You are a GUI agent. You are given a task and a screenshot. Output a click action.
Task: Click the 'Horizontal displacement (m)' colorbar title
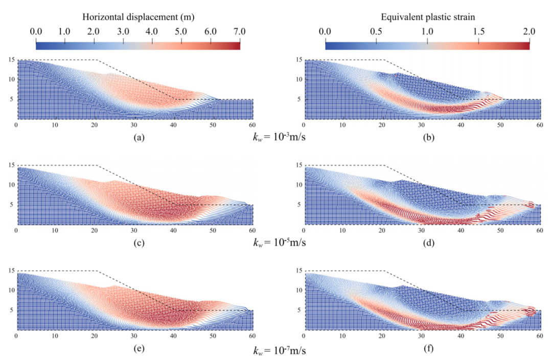pyautogui.click(x=137, y=17)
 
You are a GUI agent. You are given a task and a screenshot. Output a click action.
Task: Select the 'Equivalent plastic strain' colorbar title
pyautogui.click(x=427, y=17)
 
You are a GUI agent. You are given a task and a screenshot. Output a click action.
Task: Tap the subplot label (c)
pyautogui.click(x=139, y=242)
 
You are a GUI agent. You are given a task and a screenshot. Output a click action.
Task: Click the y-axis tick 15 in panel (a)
pyautogui.click(x=11, y=60)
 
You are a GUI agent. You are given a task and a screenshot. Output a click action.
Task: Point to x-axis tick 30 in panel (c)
pyautogui.click(x=134, y=231)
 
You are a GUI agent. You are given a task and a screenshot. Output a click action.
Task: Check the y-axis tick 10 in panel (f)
pyautogui.click(x=300, y=290)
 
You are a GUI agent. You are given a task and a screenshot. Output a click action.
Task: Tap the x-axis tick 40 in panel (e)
pyautogui.click(x=173, y=336)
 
